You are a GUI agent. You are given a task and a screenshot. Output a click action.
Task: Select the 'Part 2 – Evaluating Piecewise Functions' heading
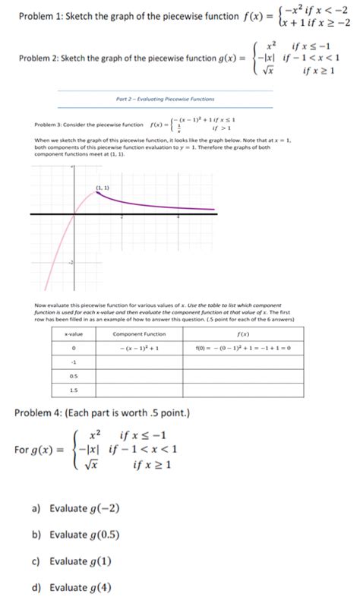click(165, 99)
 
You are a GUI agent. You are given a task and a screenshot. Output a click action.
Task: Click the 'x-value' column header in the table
click(74, 334)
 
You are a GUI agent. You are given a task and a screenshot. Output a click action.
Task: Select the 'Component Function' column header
click(139, 334)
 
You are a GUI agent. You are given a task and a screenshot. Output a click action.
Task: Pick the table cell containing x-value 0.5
click(74, 375)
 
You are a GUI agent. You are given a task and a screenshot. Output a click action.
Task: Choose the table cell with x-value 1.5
click(74, 390)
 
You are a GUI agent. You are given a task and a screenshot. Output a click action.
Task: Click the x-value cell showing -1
click(74, 362)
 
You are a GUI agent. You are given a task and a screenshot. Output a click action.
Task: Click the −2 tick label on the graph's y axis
click(69, 262)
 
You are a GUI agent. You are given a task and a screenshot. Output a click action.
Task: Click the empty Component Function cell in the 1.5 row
click(139, 390)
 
